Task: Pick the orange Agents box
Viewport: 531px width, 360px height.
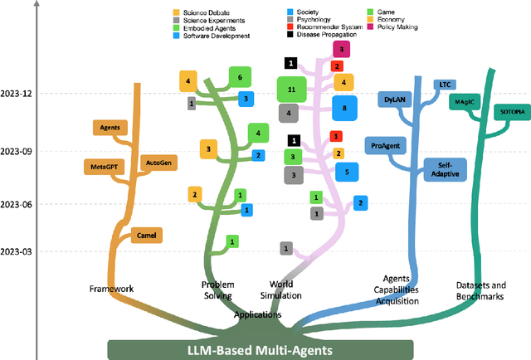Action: tap(110, 128)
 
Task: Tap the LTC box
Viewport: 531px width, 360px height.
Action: tap(444, 85)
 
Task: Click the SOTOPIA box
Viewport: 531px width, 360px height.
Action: tap(505, 111)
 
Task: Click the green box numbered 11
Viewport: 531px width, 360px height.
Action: tap(291, 88)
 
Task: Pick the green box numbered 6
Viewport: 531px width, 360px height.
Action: tap(240, 77)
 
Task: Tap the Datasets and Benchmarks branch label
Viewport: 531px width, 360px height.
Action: tap(475, 290)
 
